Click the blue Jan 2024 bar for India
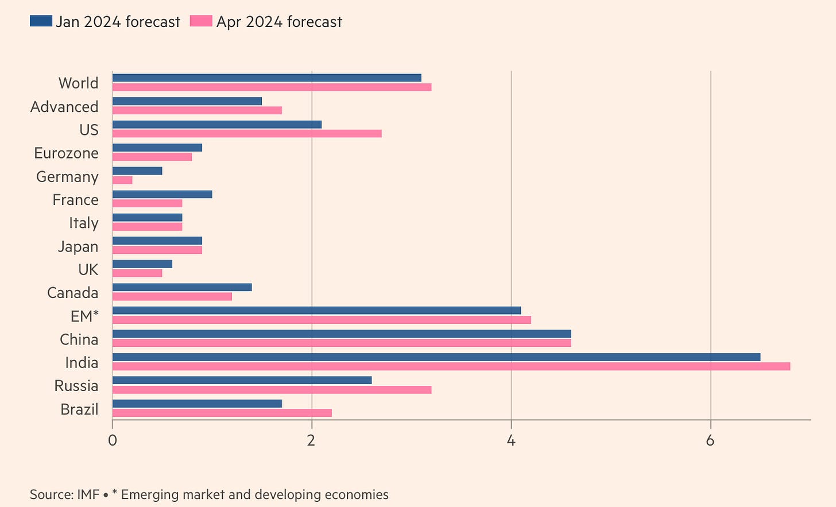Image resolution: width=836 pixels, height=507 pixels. [x=436, y=357]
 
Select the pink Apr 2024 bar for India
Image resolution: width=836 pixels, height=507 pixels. [x=451, y=366]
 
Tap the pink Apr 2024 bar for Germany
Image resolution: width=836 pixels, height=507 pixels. [x=122, y=180]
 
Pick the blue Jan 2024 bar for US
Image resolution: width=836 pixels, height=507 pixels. [x=217, y=124]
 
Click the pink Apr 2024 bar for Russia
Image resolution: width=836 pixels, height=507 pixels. [x=272, y=390]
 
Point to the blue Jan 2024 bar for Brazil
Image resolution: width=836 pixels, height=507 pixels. [x=197, y=404]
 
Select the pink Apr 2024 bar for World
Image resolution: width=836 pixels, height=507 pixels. [x=272, y=87]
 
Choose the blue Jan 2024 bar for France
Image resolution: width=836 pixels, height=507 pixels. [x=162, y=194]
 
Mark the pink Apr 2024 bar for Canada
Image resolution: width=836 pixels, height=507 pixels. [x=172, y=296]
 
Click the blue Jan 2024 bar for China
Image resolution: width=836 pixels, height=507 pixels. [x=342, y=334]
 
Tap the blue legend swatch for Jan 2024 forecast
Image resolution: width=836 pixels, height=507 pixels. [x=41, y=22]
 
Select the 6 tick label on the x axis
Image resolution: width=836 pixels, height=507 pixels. [x=710, y=441]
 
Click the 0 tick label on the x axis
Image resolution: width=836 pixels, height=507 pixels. [x=113, y=441]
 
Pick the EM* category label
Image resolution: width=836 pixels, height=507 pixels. [x=84, y=316]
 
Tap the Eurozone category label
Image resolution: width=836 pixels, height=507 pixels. [x=66, y=153]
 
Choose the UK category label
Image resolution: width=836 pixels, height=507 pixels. [x=88, y=270]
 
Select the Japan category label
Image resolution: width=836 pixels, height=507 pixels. [x=78, y=246]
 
